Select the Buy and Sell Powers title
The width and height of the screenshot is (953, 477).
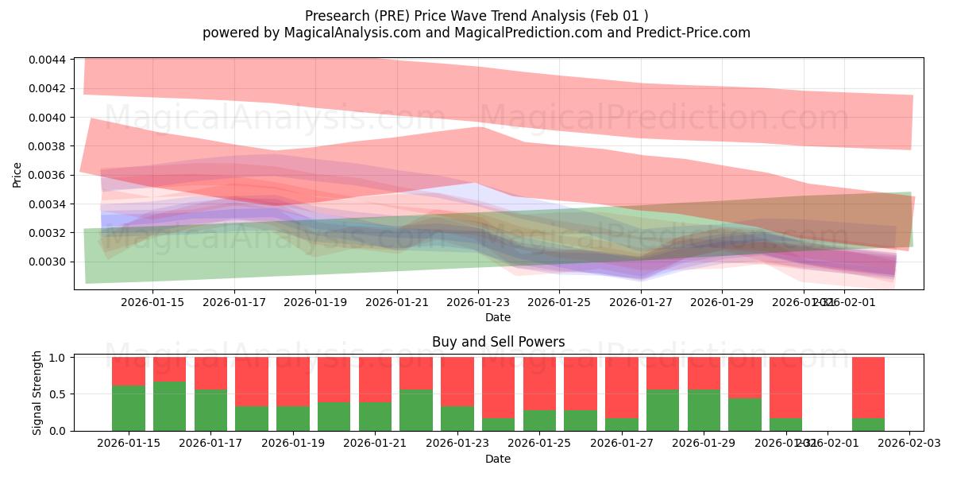[498, 343]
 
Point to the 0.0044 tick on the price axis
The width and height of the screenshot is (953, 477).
[48, 60]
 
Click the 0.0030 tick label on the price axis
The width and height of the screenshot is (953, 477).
[48, 262]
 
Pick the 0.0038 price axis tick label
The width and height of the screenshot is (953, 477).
[48, 146]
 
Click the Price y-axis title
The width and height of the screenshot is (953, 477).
[17, 175]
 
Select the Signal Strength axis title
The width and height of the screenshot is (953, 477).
[37, 394]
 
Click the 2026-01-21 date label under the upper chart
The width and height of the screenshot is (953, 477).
[397, 303]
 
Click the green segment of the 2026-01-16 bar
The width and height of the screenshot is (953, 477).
[169, 406]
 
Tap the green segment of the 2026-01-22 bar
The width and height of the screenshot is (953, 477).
[416, 410]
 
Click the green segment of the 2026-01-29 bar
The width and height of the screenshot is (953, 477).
[704, 410]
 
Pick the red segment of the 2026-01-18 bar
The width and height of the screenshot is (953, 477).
[252, 382]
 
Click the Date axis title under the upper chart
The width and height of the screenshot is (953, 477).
[498, 318]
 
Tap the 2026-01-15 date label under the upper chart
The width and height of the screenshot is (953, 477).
[153, 303]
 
